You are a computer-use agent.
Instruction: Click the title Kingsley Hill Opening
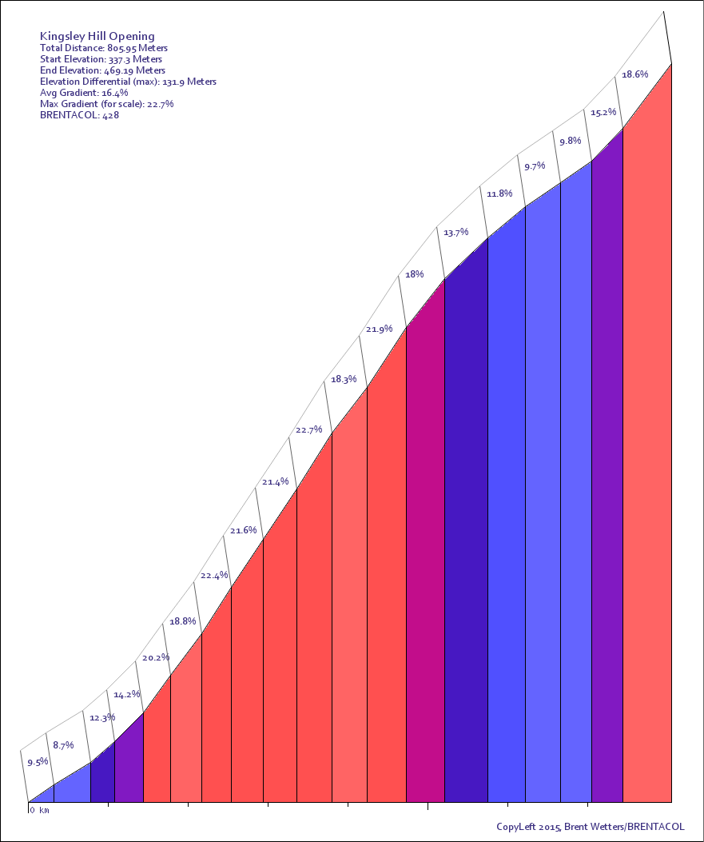97,36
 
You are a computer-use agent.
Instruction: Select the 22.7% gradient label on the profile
308,430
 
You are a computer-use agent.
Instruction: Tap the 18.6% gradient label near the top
634,74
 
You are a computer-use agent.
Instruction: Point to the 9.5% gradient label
38,763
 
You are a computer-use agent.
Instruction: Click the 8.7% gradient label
63,745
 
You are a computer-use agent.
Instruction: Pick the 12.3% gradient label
102,718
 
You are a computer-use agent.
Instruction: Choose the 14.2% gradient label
127,695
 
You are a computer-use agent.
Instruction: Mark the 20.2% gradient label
156,658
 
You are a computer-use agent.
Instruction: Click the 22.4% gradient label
214,576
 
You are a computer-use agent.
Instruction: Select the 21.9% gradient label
379,329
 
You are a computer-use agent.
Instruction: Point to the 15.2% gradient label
603,113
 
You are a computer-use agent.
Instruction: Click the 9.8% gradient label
570,142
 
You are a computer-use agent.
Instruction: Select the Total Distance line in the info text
104,48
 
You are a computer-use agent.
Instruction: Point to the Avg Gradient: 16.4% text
83,93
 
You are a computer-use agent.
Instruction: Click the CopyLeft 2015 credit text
590,827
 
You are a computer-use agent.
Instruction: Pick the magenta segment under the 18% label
425,560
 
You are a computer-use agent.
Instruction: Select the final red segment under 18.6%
647,480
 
